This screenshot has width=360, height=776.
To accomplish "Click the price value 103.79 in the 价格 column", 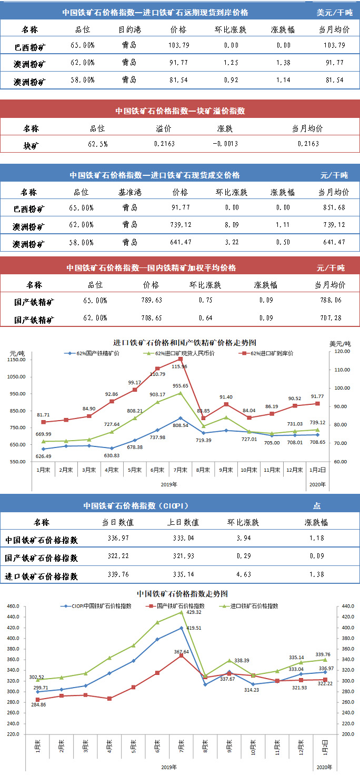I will click(x=178, y=46).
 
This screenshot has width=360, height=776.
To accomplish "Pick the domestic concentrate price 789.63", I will click(x=151, y=301).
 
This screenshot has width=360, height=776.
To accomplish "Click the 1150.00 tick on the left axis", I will click(x=17, y=360).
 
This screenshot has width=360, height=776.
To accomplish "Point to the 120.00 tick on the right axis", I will click(x=343, y=351).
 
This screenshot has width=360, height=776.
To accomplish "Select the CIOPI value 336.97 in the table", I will click(x=118, y=539).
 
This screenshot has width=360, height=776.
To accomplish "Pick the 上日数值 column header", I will click(x=186, y=523).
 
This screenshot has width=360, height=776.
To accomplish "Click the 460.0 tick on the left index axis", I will click(x=14, y=606).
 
